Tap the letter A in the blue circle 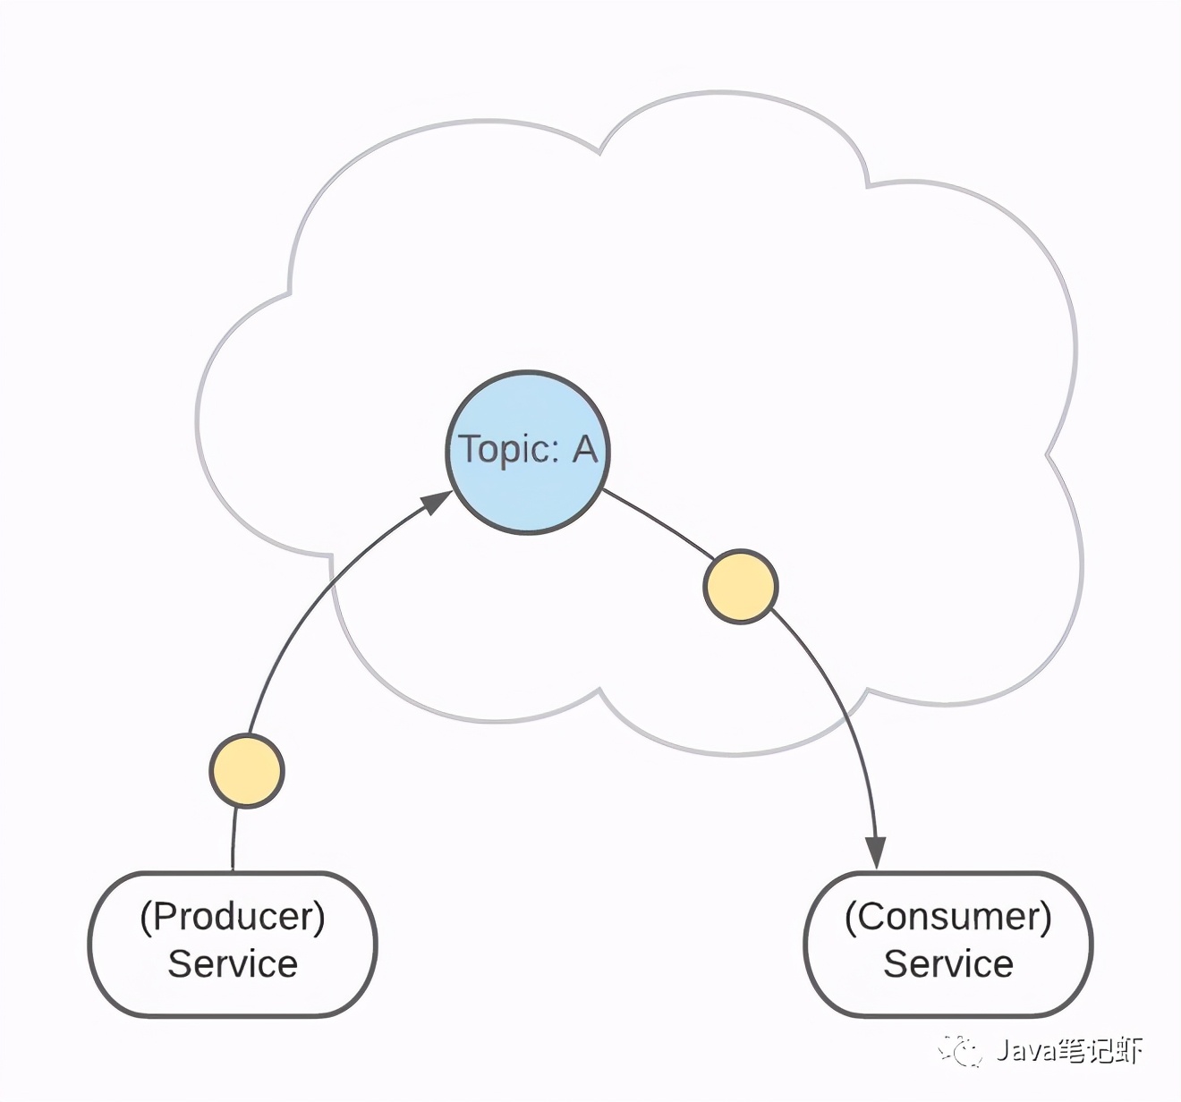coord(584,449)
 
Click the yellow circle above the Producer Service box coord(247,771)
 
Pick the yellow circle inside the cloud coord(741,587)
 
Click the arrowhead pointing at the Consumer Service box coord(875,852)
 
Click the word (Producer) coord(233,917)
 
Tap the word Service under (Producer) coord(233,964)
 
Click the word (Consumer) coord(948,917)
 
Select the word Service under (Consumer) coord(948,964)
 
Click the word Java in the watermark coord(1025,1051)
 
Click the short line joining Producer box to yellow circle coord(234,839)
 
